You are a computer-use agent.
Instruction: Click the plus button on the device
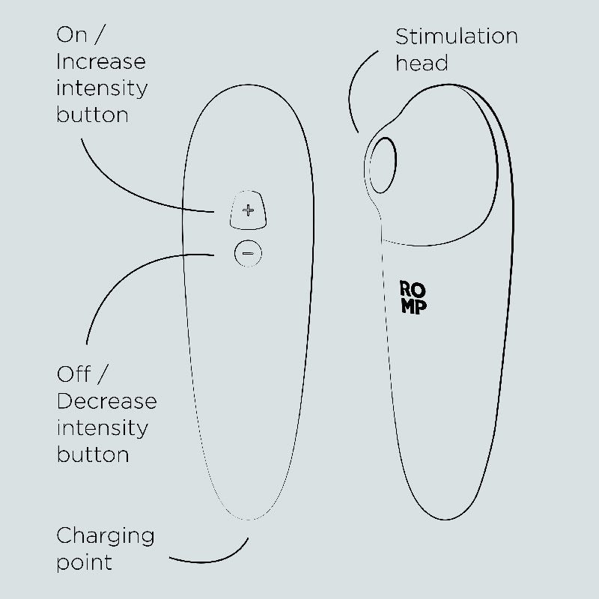point(248,210)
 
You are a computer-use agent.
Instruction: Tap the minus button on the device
point(248,253)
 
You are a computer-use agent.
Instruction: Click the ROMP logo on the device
point(413,297)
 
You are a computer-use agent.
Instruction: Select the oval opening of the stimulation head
point(383,165)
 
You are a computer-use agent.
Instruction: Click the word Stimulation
point(457,37)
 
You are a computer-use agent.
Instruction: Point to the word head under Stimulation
point(422,63)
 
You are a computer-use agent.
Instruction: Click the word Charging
point(106,537)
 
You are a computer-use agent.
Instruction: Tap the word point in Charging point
point(85,562)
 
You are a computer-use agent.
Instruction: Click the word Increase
point(101,61)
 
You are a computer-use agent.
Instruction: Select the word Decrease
point(107,401)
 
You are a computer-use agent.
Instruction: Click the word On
point(71,34)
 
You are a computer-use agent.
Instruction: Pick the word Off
point(73,374)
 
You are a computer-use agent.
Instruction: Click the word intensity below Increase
point(102,89)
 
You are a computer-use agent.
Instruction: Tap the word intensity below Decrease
point(103,428)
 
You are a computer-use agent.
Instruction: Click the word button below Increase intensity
point(92,115)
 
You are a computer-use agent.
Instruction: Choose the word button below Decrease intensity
point(93,454)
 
